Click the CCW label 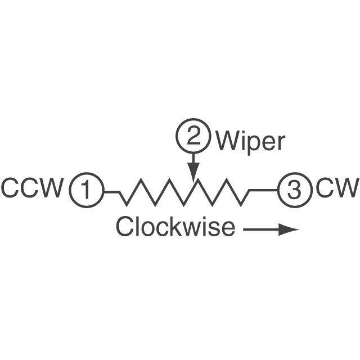pyautogui.click(x=32, y=188)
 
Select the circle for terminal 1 pyautogui.click(x=86, y=191)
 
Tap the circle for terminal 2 pyautogui.click(x=193, y=136)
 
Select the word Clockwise pyautogui.click(x=175, y=227)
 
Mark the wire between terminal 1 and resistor pyautogui.click(x=111, y=192)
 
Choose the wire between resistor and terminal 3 pyautogui.click(x=263, y=190)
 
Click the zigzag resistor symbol pyautogui.click(x=184, y=193)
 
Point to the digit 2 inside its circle pyautogui.click(x=193, y=136)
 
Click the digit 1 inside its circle pyautogui.click(x=86, y=191)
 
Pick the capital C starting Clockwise pyautogui.click(x=124, y=227)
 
